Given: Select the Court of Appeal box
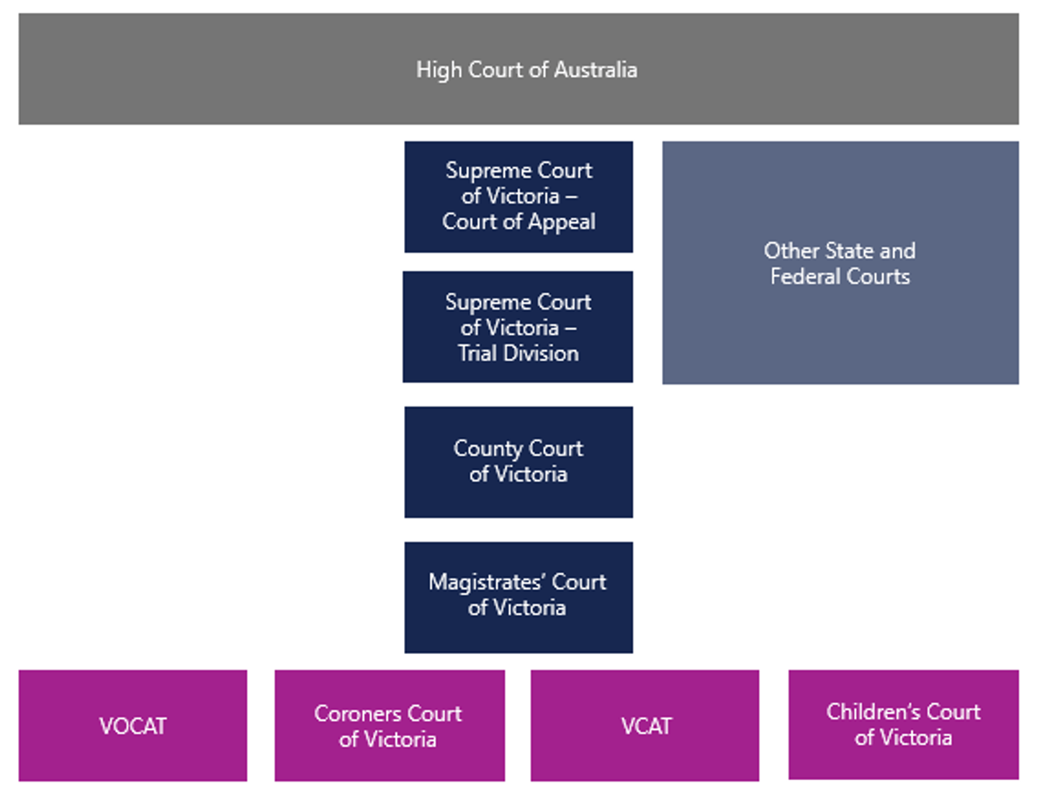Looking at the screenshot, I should pyautogui.click(x=518, y=197).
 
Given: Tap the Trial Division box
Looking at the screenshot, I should pyautogui.click(x=518, y=327).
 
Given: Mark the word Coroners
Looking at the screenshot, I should pyautogui.click(x=351, y=714).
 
